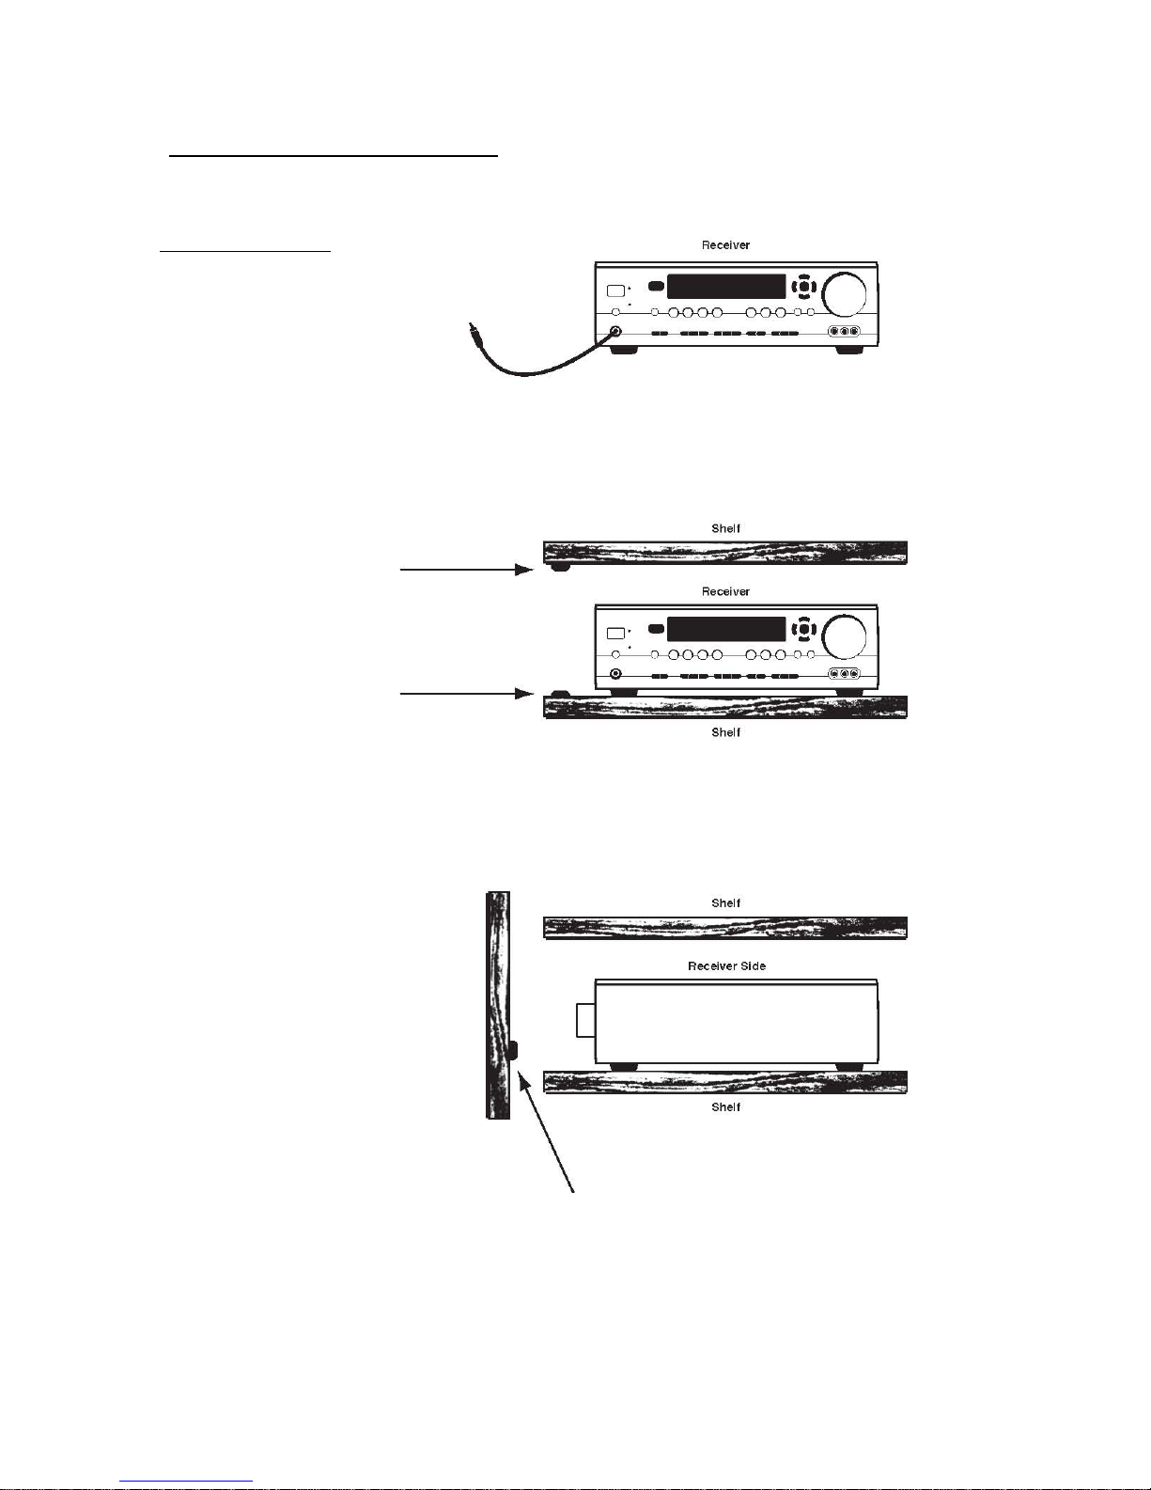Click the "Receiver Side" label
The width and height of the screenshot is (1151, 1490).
726,966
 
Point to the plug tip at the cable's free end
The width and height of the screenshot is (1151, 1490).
471,324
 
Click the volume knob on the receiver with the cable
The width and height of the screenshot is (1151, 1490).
844,293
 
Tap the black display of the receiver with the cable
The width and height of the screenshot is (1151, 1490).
726,286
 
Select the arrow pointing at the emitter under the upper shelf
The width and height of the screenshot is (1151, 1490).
467,569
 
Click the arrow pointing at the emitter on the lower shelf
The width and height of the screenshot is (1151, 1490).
467,694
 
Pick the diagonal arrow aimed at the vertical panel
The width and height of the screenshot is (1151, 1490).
546,1132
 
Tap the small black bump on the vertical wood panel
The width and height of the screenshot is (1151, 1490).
514,1050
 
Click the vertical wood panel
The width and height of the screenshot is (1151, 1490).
498,1005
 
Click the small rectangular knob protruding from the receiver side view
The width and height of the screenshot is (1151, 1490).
585,1020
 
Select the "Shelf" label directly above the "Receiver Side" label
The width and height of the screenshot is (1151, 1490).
725,903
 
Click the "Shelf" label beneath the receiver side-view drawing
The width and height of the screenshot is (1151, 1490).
725,1106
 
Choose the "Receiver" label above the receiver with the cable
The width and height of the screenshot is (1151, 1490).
725,244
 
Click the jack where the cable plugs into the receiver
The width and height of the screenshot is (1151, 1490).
615,332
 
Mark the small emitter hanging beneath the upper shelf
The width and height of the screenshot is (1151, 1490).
560,567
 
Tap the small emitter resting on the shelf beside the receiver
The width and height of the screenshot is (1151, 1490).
560,693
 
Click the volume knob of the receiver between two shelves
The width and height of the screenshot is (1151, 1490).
844,636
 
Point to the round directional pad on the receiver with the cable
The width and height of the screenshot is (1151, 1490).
803,286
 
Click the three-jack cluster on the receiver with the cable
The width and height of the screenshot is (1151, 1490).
844,331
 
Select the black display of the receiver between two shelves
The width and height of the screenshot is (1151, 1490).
726,629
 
